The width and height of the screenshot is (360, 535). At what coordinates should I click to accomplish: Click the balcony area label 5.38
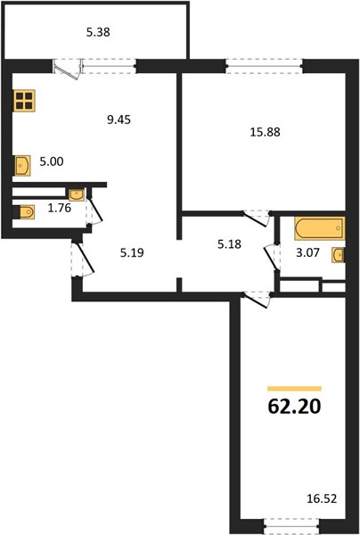tap(98, 33)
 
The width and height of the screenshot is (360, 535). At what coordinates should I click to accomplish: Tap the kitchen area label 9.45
tap(119, 119)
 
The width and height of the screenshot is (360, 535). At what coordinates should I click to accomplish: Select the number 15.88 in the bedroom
tap(266, 132)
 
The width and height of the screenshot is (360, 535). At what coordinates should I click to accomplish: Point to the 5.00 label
tap(52, 161)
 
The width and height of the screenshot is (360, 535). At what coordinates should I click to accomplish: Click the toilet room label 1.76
tap(60, 208)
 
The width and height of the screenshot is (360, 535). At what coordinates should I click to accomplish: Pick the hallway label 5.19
tap(132, 253)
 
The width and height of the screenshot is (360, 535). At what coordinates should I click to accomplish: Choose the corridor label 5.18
tap(229, 244)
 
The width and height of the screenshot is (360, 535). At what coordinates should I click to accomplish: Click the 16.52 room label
tap(322, 499)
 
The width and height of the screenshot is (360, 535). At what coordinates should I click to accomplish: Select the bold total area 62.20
tap(294, 407)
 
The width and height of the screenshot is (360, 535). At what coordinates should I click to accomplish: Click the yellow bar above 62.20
tap(295, 388)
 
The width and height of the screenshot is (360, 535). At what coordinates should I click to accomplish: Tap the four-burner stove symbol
tap(24, 100)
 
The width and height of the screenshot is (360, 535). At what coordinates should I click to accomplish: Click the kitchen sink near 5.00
tap(22, 166)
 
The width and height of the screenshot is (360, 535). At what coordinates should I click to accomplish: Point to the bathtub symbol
tap(320, 228)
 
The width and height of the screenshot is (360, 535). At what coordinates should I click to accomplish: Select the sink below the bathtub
tap(339, 255)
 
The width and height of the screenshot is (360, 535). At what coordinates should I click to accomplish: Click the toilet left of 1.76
tap(24, 211)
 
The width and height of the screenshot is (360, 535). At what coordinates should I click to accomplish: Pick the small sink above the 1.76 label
tap(77, 195)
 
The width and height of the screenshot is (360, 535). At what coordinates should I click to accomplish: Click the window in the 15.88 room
tap(264, 66)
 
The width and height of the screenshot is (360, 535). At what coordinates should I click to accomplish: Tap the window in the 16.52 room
tap(291, 526)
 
